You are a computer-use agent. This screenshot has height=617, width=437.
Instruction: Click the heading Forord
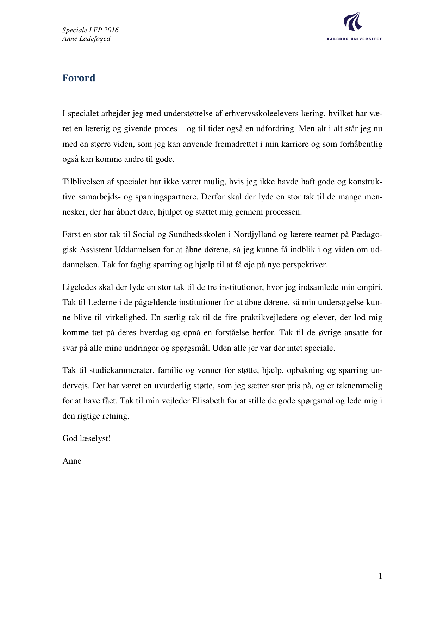(79, 78)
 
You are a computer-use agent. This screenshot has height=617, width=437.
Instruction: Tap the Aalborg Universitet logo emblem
(353, 21)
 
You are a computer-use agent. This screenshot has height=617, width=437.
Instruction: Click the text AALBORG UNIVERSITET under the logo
(354, 39)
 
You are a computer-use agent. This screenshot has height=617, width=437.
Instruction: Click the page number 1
(380, 576)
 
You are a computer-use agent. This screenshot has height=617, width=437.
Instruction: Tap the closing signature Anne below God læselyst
(72, 461)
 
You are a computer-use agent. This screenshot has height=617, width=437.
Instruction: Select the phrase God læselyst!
(87, 438)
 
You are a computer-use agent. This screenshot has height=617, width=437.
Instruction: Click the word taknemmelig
(359, 386)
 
